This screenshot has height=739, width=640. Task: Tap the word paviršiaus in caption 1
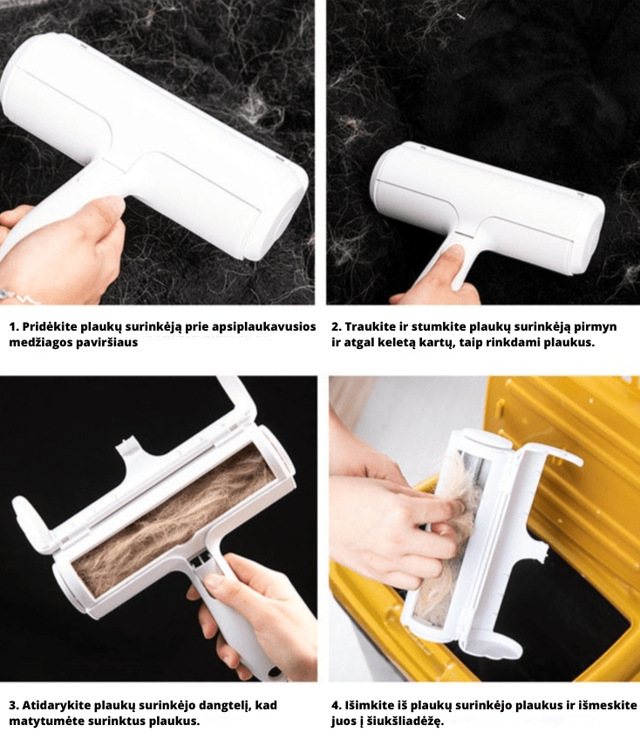tap(107, 343)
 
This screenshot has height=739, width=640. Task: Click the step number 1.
tap(14, 326)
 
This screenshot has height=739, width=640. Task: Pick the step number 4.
tap(337, 705)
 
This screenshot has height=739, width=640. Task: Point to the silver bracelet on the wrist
tap(19, 297)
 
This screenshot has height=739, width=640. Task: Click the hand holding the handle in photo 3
tap(255, 612)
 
